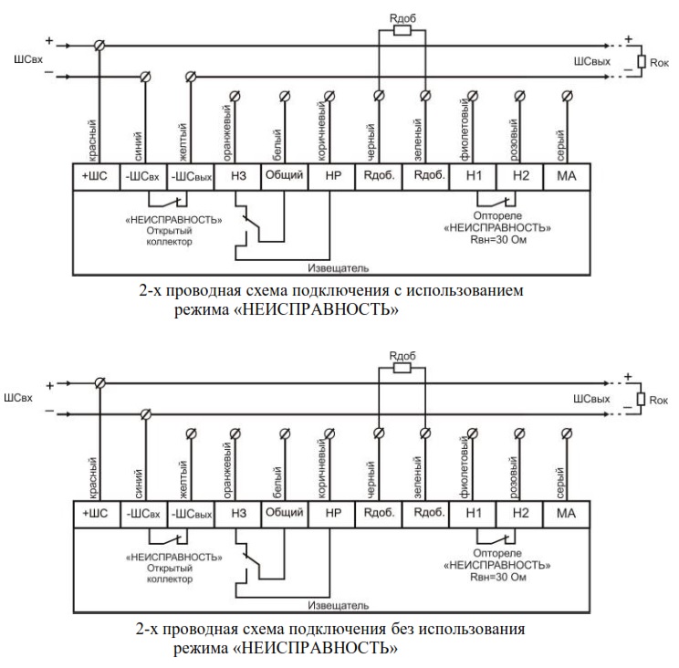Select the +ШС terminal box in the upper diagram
coord(95,177)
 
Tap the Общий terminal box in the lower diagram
coord(283,513)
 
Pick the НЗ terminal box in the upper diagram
coord(236,177)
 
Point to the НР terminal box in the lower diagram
coord(330,513)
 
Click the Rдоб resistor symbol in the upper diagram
coord(402,29)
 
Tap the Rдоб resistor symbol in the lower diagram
coord(402,368)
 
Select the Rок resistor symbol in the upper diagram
coord(642,62)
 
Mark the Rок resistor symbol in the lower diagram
coord(642,399)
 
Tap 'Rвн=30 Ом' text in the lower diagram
coord(496,579)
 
